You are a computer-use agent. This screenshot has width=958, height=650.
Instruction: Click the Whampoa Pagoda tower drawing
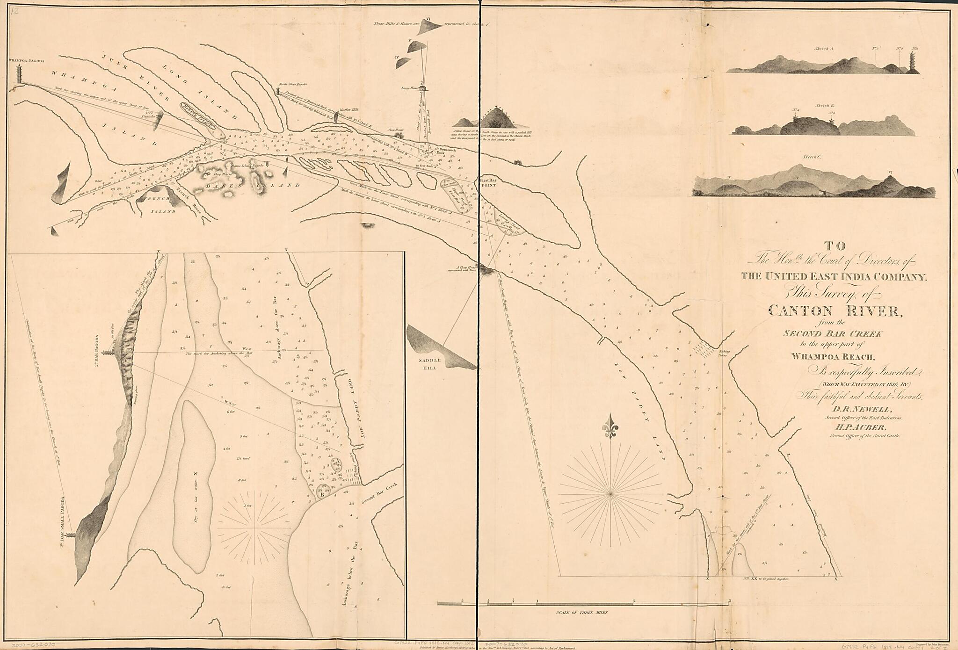(20, 74)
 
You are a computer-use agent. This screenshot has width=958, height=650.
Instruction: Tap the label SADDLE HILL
(428, 364)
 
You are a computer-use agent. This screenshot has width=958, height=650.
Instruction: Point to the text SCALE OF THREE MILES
(582, 612)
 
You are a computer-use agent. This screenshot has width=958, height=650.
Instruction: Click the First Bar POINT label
(490, 182)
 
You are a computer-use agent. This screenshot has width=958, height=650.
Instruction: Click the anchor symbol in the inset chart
(295, 357)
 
